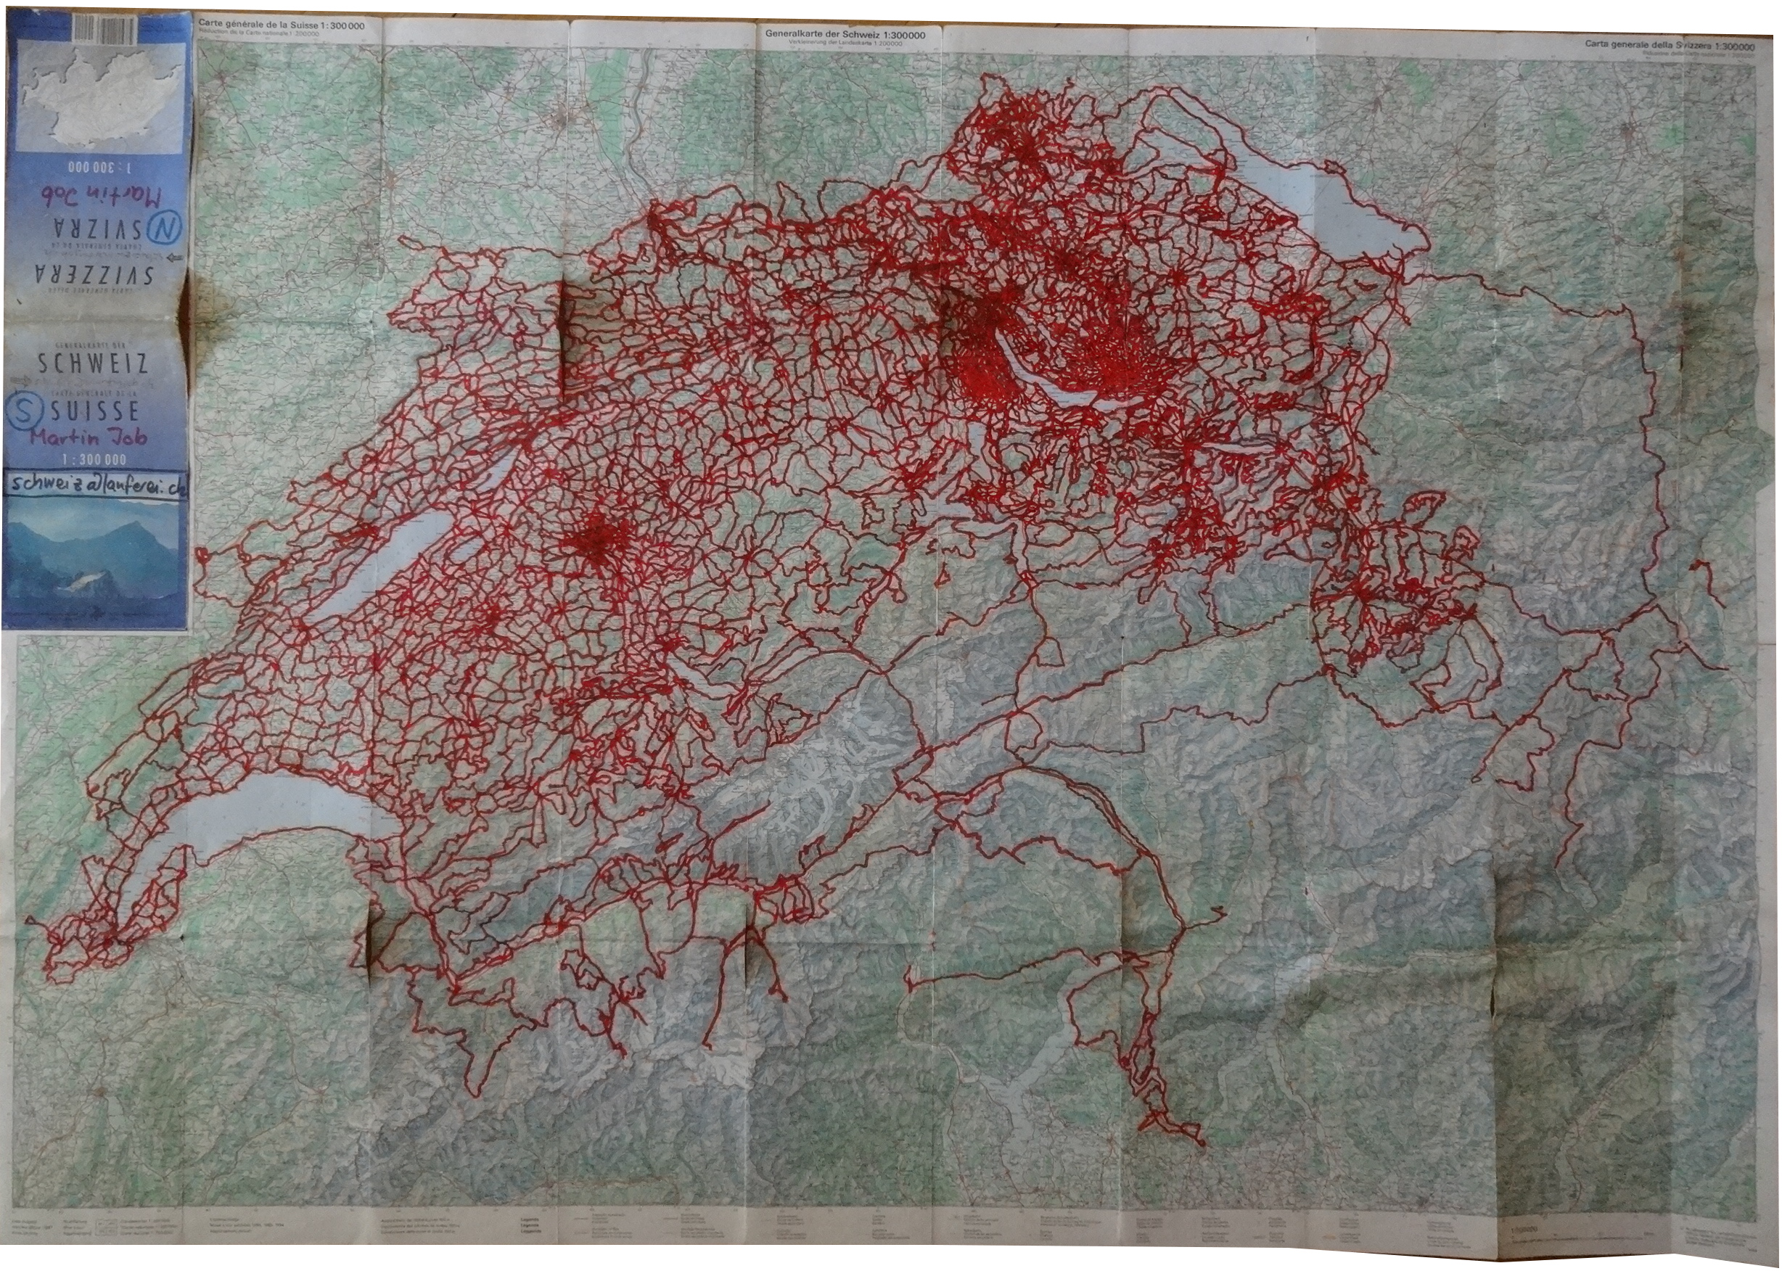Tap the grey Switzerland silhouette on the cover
click(98, 98)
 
